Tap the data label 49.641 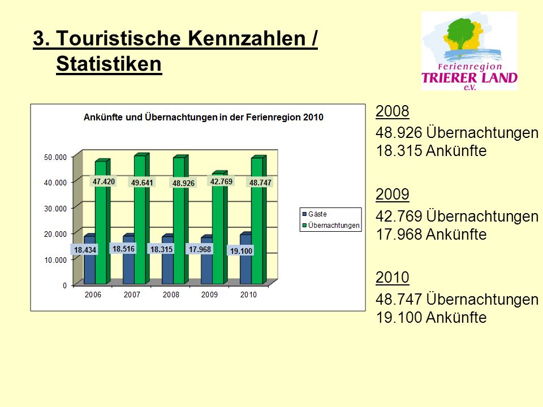coord(142,183)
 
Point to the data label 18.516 coord(124,249)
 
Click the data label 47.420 coord(104,181)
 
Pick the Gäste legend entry coord(315,214)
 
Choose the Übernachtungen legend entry coord(331,226)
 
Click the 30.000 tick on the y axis coord(55,209)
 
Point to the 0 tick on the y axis coord(64,285)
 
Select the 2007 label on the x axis coord(132,295)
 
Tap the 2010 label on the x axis coord(248,295)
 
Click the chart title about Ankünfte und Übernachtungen coord(204,118)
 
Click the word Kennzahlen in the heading coord(247,38)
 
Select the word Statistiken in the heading coord(109,64)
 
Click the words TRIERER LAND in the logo coord(469,77)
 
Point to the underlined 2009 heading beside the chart coord(393,194)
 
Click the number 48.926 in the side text coord(399,132)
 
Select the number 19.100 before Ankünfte coord(399,317)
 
